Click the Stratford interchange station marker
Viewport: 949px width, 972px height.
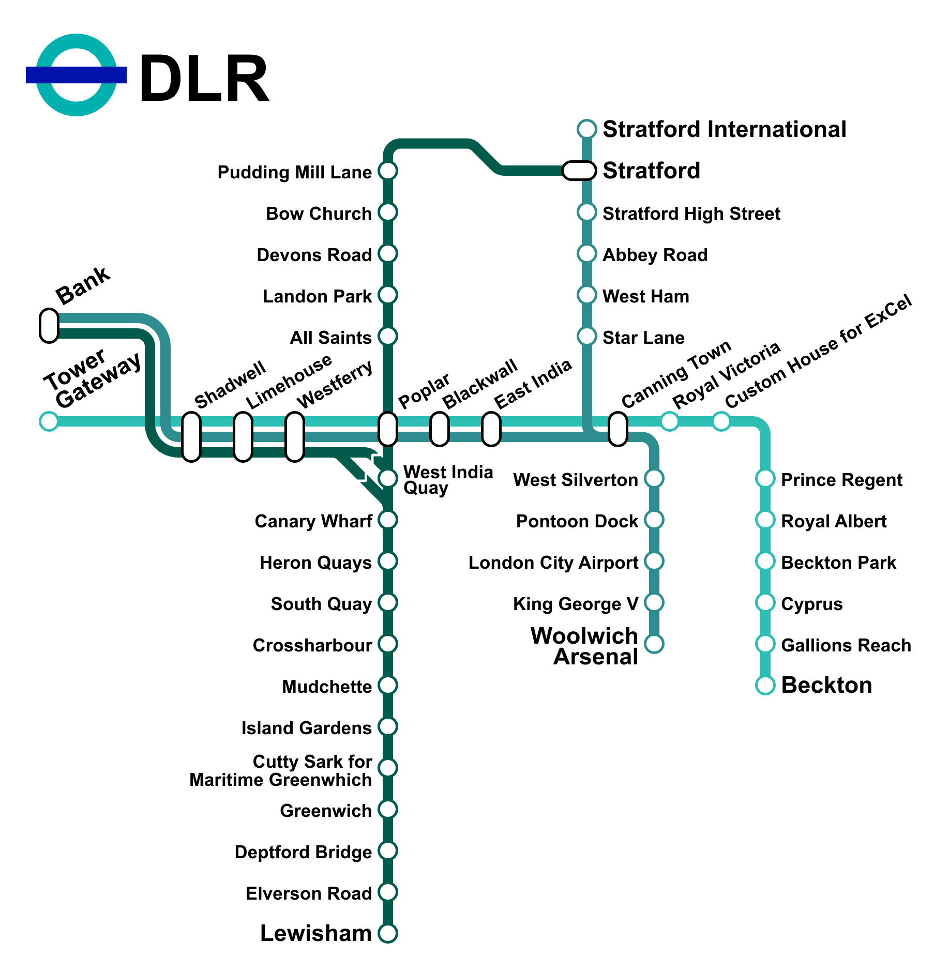pyautogui.click(x=579, y=171)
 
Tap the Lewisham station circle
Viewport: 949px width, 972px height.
pyautogui.click(x=388, y=933)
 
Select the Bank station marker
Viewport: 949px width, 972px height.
pyautogui.click(x=49, y=326)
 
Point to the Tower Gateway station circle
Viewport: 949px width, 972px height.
pyautogui.click(x=49, y=421)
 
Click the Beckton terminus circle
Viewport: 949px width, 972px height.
pyautogui.click(x=765, y=685)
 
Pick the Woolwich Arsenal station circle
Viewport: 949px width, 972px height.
pyautogui.click(x=654, y=644)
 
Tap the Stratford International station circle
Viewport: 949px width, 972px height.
pyautogui.click(x=587, y=129)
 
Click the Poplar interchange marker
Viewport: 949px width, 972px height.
pyautogui.click(x=388, y=429)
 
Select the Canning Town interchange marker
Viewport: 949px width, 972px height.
pyautogui.click(x=617, y=429)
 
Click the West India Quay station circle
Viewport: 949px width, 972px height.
pyautogui.click(x=388, y=478)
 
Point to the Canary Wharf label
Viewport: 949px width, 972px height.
pyautogui.click(x=313, y=521)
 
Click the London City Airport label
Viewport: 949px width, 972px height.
pyautogui.click(x=553, y=563)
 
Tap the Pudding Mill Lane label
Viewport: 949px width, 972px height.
pyautogui.click(x=294, y=172)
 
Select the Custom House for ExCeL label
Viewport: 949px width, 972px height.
pyautogui.click(x=819, y=353)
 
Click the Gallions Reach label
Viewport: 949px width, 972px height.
pyautogui.click(x=846, y=645)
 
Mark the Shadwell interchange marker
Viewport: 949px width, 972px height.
pyautogui.click(x=191, y=437)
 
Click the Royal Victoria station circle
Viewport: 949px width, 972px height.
pyautogui.click(x=670, y=421)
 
